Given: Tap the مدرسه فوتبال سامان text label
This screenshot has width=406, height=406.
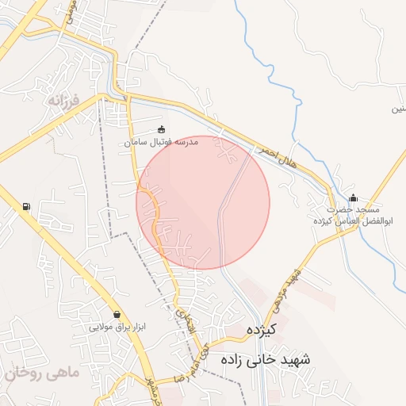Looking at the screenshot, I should pos(161,143).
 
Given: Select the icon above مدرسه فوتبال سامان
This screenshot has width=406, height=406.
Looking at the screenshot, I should pos(162,129).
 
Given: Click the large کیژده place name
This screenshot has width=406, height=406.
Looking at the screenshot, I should pos(259,329).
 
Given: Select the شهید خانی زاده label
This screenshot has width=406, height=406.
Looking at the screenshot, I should pos(267,359).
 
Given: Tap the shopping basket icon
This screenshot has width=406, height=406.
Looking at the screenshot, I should pos(117,314).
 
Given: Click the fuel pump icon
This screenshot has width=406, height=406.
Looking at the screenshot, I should pos(27,208).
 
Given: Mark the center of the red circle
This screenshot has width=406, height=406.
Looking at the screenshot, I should pos(203,203).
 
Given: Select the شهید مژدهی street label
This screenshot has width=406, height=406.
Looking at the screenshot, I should pos(292,290).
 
